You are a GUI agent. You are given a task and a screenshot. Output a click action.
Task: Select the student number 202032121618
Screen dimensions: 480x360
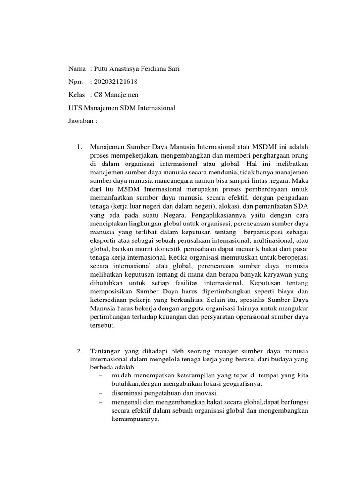coord(116,82)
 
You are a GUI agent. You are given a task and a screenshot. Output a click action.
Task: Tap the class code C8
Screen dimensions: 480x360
coord(99,95)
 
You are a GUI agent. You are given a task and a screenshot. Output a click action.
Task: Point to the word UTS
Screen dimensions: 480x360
coord(76,108)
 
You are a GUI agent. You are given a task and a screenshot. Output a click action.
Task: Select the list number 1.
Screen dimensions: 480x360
coord(79,147)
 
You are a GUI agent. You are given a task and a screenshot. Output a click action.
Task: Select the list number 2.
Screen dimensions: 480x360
coord(79,351)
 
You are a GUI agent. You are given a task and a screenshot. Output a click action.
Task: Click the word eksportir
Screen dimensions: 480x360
coord(105,240)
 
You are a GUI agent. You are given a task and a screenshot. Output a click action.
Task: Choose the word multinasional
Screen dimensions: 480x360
coord(269,240)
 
